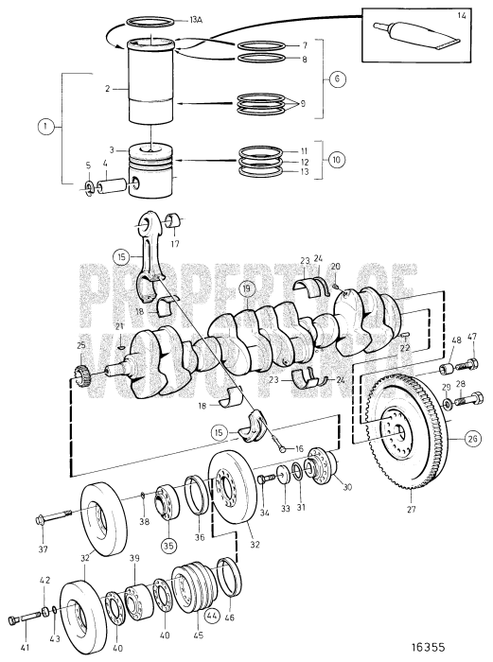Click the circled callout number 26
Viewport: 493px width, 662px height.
point(470,438)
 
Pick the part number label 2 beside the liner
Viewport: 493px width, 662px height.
point(109,88)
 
